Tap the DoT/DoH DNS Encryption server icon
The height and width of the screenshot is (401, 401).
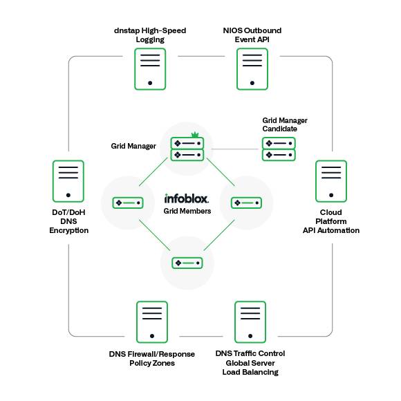tap(68, 181)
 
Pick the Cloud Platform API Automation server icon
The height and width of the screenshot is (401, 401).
tap(331, 181)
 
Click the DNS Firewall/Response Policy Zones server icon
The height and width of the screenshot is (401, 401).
tap(151, 321)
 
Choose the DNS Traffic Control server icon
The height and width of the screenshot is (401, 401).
tap(250, 321)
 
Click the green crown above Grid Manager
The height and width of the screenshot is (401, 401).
tap(195, 134)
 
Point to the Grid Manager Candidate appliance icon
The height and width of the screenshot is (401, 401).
tap(279, 149)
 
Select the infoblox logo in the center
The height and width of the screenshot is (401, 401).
tap(187, 198)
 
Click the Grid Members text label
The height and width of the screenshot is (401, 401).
tap(187, 211)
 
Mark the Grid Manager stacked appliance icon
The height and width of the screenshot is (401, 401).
tap(187, 149)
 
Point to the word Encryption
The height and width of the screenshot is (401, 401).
tap(68, 230)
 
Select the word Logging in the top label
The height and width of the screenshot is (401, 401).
tap(151, 40)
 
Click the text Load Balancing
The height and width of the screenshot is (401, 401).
tap(250, 372)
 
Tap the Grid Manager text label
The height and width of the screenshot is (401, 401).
tap(133, 146)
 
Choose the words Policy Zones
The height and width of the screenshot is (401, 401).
tap(152, 363)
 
